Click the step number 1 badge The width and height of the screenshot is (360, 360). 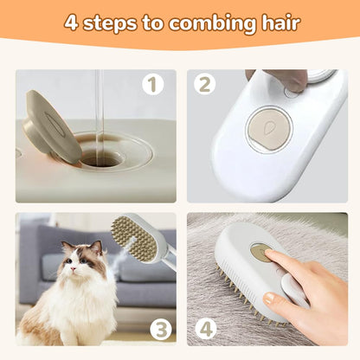[x=154, y=85]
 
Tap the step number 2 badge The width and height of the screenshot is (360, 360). [x=206, y=85]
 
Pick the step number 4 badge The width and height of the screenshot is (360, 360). [x=206, y=328]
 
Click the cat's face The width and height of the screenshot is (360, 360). [x=80, y=264]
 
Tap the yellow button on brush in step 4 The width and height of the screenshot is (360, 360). [x=260, y=253]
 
